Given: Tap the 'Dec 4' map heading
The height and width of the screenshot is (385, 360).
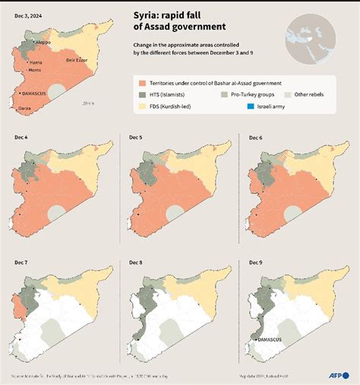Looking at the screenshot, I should tap(21, 137).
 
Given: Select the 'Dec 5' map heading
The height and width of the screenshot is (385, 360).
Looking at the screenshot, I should tap(137, 137).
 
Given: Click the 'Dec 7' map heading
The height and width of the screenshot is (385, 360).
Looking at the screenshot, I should tap(21, 261).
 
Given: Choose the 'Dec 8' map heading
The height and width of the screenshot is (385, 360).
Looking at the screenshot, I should tap(137, 261).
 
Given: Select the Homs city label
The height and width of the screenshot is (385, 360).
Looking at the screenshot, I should tap(35, 70).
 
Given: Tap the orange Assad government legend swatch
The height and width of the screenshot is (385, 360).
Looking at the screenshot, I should tap(142, 82).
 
